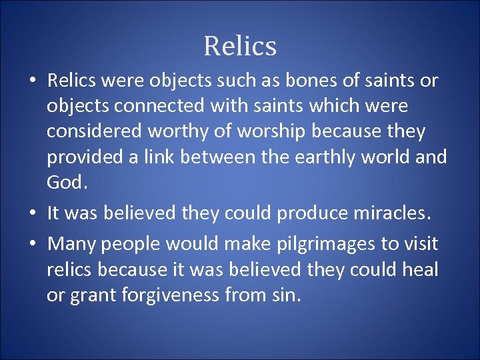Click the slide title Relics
click(240, 47)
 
